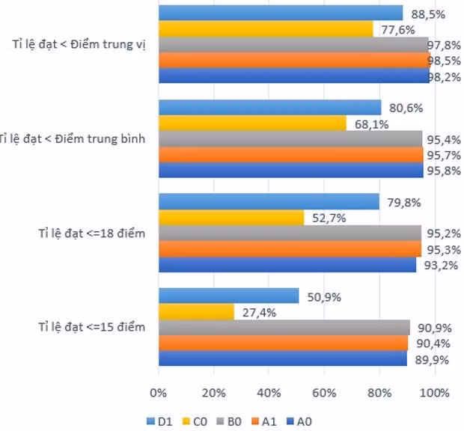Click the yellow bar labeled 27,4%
tap(197, 312)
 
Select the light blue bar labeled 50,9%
tap(229, 296)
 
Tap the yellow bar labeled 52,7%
tap(231, 218)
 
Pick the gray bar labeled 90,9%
tap(284, 328)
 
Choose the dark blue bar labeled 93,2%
tap(287, 265)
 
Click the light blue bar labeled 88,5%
tap(281, 13)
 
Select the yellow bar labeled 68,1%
tap(252, 123)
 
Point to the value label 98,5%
tap(444, 61)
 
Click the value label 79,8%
tap(404, 203)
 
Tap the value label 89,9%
tap(432, 360)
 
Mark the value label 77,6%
tap(398, 30)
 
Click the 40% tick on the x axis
tap(269, 393)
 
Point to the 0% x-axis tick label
tap(159, 393)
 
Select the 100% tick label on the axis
tap(434, 393)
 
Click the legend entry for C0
tap(195, 421)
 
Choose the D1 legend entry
tap(159, 421)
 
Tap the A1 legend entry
tap(264, 421)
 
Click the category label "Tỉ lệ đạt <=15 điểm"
tap(92, 327)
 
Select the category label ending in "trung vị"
tap(79, 44)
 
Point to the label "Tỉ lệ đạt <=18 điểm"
tap(92, 233)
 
